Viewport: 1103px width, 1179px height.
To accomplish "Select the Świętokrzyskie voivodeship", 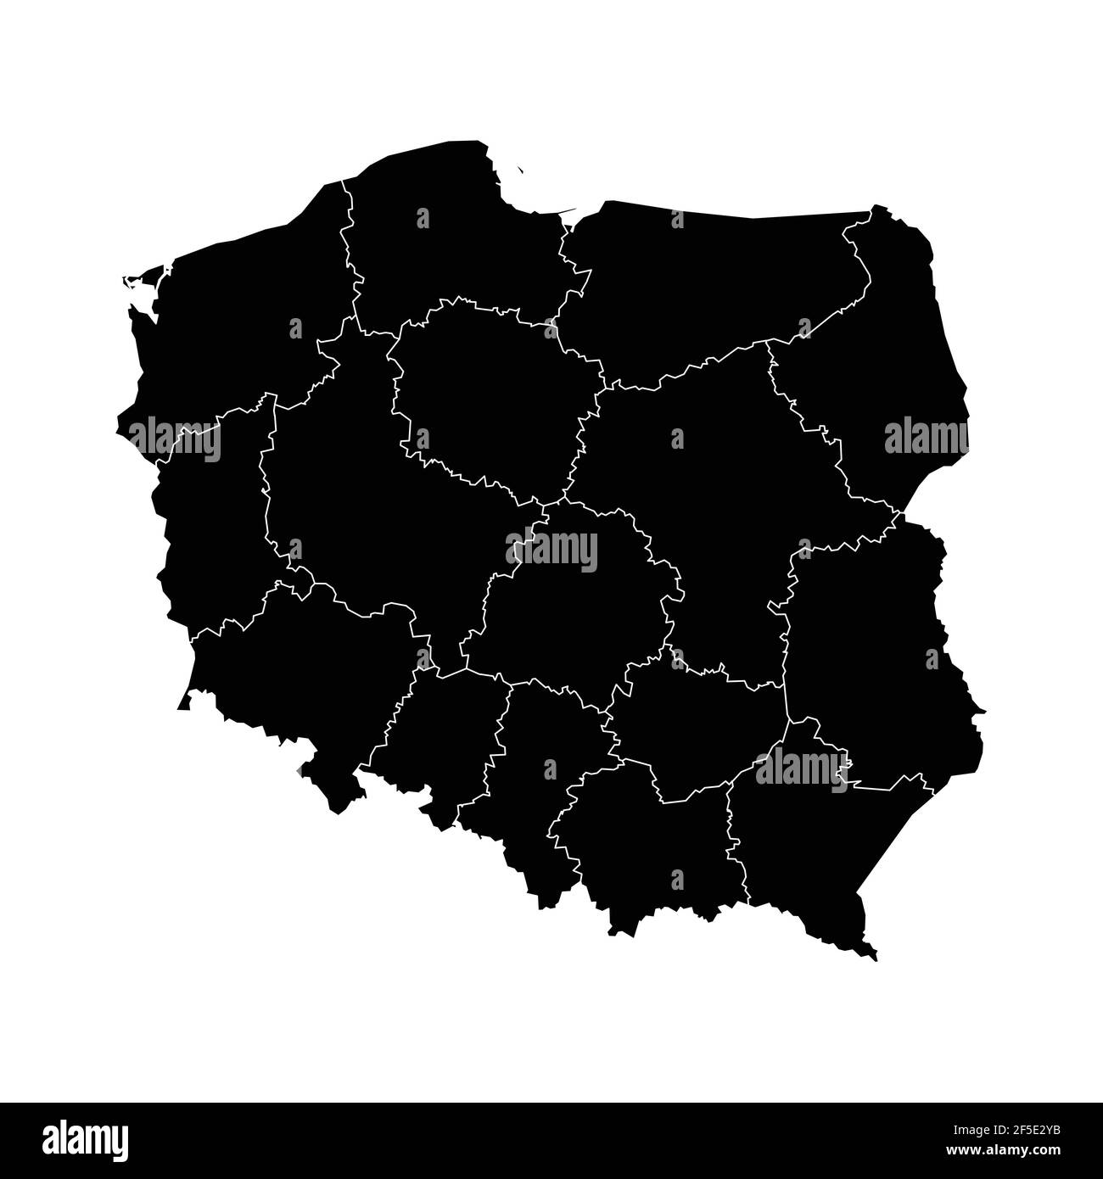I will tap(696, 729).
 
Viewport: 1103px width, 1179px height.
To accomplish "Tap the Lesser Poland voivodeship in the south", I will tap(645, 848).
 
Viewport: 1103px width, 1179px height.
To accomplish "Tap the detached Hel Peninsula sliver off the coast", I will tap(519, 170).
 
